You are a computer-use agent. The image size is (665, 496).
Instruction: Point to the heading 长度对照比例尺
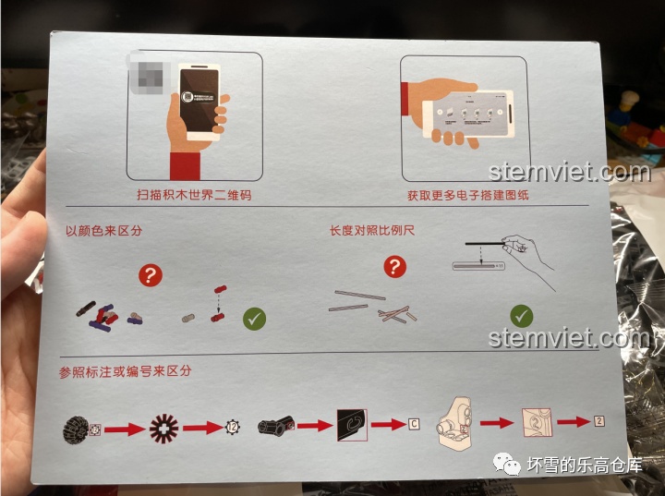(372, 229)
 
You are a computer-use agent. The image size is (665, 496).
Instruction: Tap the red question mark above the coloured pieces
(151, 274)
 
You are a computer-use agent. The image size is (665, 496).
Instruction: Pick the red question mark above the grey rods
(395, 268)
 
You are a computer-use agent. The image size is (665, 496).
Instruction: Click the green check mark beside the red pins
(254, 320)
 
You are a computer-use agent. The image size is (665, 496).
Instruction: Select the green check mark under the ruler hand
(523, 316)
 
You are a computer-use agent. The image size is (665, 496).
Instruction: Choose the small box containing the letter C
(414, 424)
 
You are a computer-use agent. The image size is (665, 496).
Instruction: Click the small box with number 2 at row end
(598, 421)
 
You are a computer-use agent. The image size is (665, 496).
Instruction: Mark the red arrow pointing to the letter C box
(388, 425)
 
